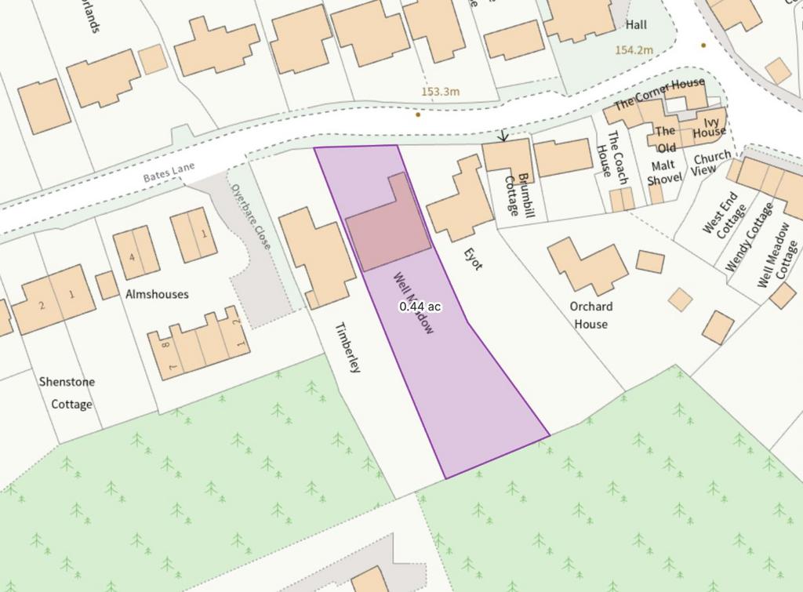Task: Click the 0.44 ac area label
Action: tap(420, 307)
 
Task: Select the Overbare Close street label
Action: tap(250, 216)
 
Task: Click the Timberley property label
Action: tap(347, 347)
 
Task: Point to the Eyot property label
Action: tap(472, 258)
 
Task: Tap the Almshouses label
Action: tap(157, 294)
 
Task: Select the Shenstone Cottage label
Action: tap(67, 393)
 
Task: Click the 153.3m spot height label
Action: tap(440, 92)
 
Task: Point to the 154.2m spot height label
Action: tap(634, 49)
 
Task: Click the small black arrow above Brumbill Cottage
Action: tap(503, 136)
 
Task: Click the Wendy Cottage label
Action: tap(750, 236)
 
